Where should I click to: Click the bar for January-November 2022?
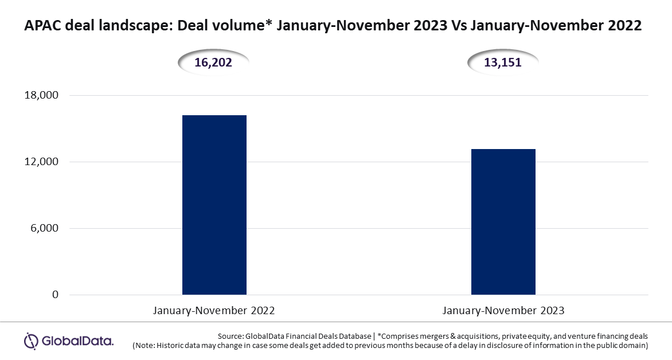tap(214, 205)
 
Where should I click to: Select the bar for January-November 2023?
tap(503, 222)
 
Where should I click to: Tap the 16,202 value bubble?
tap(213, 62)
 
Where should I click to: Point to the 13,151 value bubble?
tap(503, 62)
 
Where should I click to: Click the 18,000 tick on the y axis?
tap(42, 95)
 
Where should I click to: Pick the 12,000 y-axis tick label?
tap(42, 162)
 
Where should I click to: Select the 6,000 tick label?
tap(44, 228)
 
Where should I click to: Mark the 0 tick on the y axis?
tap(55, 295)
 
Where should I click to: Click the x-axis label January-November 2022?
tap(214, 310)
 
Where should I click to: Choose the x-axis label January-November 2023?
tap(503, 310)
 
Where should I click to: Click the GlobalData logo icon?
tap(32, 342)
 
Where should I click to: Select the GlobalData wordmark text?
tap(77, 342)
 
